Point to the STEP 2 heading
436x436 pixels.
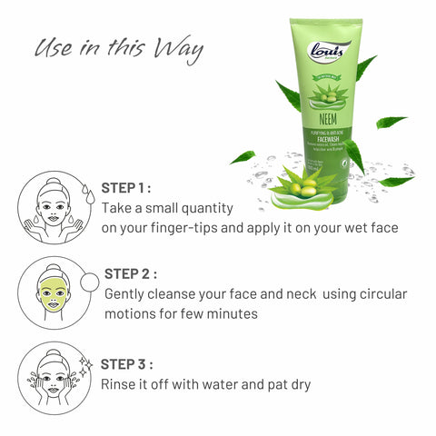coord(130,273)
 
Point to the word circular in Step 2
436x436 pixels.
coord(380,294)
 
